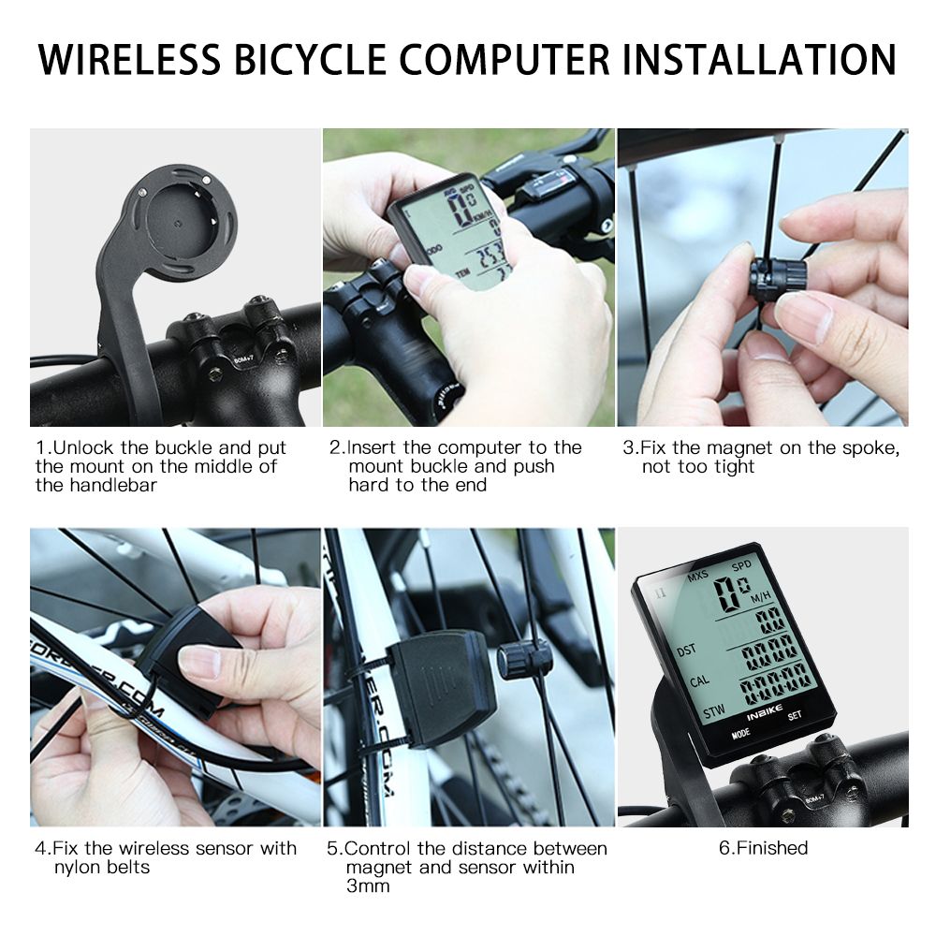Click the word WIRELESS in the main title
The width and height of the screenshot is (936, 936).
(x=129, y=59)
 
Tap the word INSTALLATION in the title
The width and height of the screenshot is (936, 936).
(x=759, y=59)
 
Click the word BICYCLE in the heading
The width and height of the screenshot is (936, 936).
(x=310, y=59)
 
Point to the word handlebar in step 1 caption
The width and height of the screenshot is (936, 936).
(x=113, y=485)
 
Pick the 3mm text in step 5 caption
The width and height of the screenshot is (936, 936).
(x=368, y=885)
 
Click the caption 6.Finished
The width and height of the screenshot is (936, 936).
(x=763, y=848)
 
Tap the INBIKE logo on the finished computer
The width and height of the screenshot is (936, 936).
(x=764, y=712)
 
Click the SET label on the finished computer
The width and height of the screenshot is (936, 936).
(x=795, y=715)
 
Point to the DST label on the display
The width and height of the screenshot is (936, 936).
(x=686, y=650)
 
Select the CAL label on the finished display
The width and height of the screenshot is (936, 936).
(x=699, y=681)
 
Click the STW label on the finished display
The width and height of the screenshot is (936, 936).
(x=714, y=711)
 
